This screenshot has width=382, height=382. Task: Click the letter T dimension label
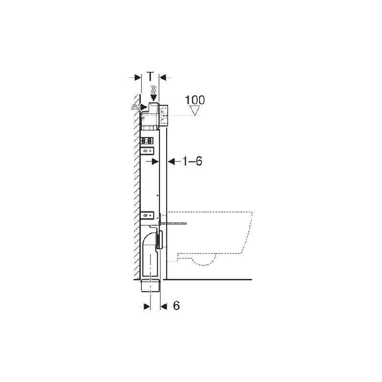click(150, 76)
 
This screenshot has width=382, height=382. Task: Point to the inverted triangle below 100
click(194, 111)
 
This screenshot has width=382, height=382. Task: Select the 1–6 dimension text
click(192, 161)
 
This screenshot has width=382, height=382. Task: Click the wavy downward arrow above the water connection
click(153, 92)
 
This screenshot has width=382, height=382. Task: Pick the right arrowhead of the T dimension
click(163, 76)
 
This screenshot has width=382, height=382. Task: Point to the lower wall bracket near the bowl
click(148, 215)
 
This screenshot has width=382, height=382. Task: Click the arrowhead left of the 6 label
click(163, 306)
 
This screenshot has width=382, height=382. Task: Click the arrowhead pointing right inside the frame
click(155, 161)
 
